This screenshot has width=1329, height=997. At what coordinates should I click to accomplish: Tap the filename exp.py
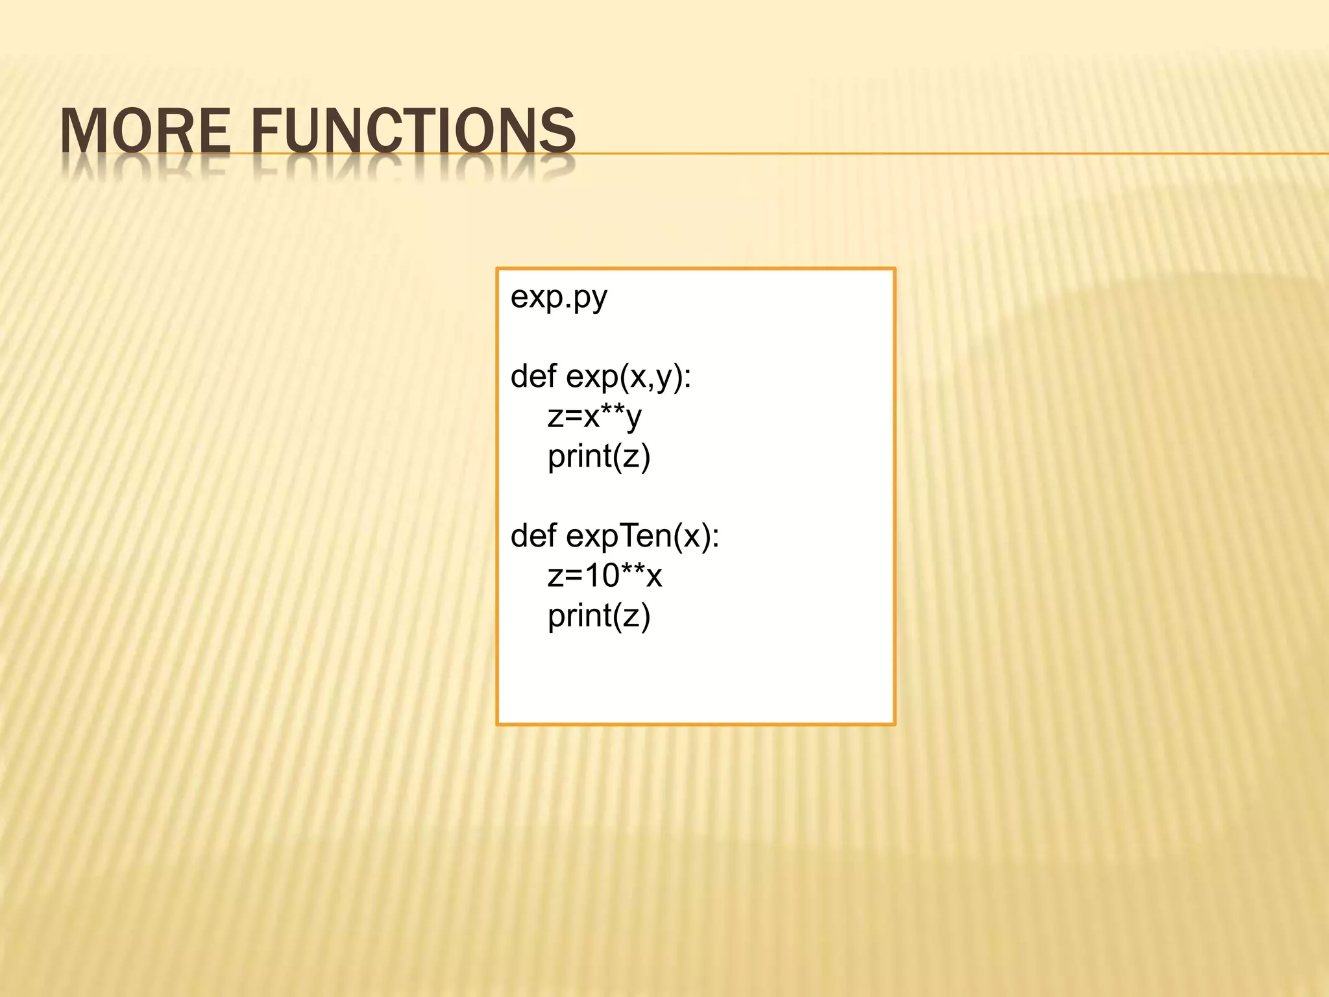[x=559, y=299]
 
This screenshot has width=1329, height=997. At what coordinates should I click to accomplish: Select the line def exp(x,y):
[x=601, y=377]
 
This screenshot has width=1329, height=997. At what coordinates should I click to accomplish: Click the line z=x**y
[x=594, y=417]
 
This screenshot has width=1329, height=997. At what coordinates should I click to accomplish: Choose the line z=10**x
[x=605, y=576]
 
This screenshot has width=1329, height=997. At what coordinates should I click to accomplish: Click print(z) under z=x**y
[x=599, y=456]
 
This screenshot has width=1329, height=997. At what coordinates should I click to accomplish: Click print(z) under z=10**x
[x=599, y=616]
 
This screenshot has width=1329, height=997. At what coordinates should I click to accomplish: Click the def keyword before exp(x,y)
[x=533, y=376]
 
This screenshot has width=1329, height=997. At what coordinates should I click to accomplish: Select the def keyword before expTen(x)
[x=533, y=535]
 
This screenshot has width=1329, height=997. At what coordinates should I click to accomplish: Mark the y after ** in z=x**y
[x=633, y=419]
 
